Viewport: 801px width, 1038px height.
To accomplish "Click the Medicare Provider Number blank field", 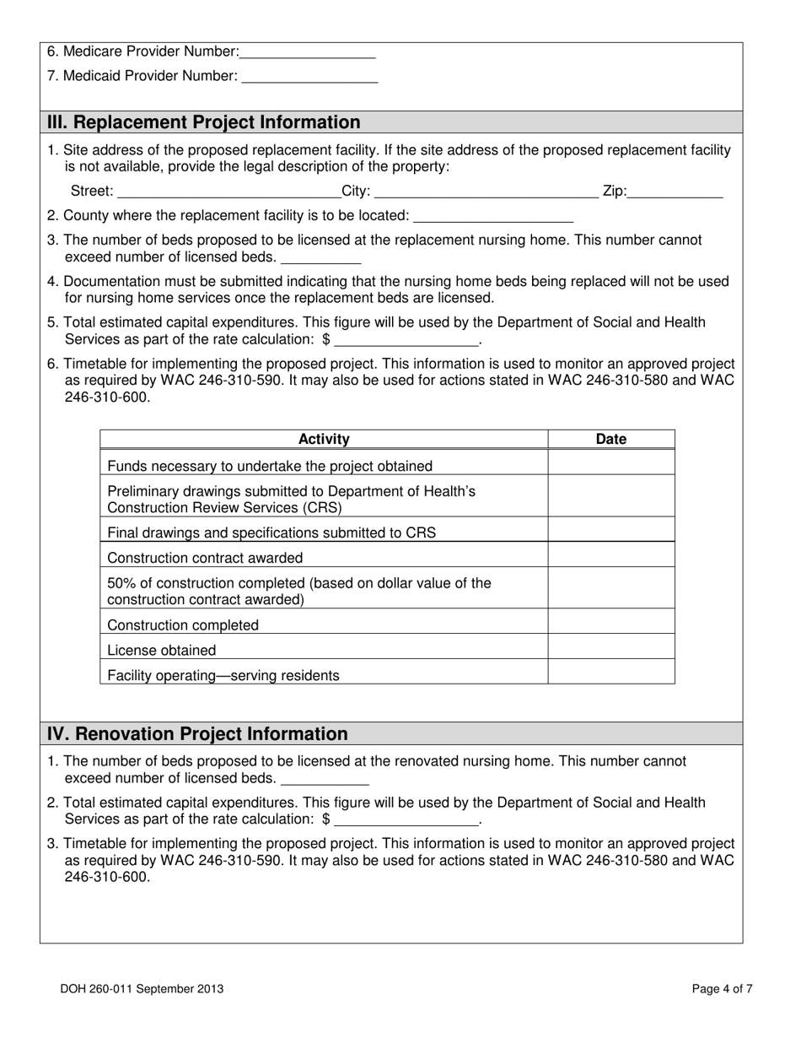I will point(307,53).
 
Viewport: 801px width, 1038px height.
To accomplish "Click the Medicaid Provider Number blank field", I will point(309,78).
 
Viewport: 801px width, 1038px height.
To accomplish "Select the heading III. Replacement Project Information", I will point(203,122).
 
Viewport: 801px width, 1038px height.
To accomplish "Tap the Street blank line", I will point(228,192).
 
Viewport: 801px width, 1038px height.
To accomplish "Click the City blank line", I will point(486,192).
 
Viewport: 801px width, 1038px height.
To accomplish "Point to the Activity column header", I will point(324,439).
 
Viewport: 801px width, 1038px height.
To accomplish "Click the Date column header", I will point(611,439).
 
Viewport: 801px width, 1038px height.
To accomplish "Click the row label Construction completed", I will point(183,625).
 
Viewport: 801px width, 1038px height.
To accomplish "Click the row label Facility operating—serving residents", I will point(223,675).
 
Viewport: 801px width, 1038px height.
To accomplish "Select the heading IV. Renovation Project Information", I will point(197,734).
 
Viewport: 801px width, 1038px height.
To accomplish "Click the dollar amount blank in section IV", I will point(406,820).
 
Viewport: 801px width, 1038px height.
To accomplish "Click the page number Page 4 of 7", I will point(723,989).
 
